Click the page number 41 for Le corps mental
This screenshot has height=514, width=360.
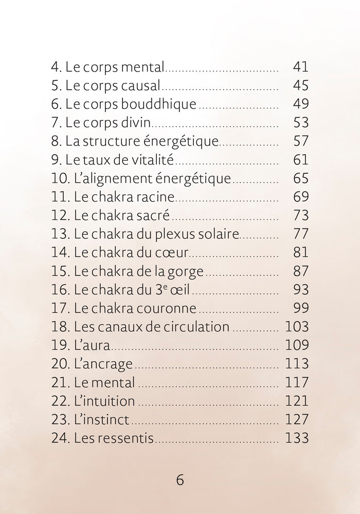click(x=300, y=67)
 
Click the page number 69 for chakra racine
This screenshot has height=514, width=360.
click(x=300, y=197)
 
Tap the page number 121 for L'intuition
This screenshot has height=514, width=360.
click(x=297, y=401)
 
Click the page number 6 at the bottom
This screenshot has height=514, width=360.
click(x=180, y=480)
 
